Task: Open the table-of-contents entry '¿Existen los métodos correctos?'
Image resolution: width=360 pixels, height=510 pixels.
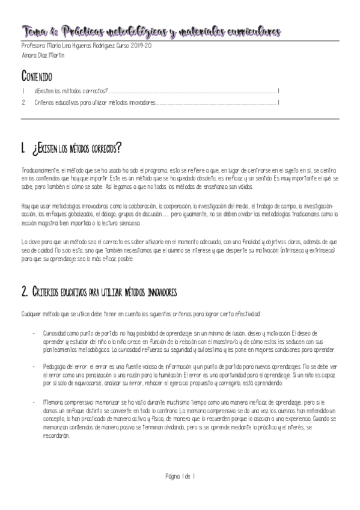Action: tap(72, 91)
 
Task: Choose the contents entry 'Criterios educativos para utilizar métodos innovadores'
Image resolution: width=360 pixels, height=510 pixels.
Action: tap(94, 102)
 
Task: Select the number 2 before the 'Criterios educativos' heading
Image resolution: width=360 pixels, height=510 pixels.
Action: tap(24, 292)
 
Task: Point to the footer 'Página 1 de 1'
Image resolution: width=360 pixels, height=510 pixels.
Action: tap(180, 476)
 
